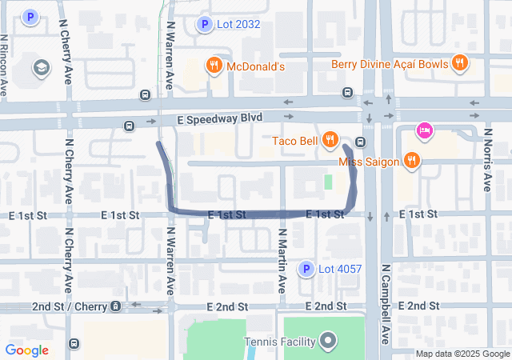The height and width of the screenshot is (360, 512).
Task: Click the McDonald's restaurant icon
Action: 214,66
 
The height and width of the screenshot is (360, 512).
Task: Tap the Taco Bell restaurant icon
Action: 330,141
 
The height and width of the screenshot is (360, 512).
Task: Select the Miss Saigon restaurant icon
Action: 412,161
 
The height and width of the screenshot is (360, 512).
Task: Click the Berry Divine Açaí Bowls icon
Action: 459,63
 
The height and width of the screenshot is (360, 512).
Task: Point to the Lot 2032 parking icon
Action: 205,25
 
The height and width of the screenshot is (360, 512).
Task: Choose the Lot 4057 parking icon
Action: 305,270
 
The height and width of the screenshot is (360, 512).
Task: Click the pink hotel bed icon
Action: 424,130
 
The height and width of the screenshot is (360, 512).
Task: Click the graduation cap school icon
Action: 41,68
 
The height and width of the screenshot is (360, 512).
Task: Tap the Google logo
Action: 27,350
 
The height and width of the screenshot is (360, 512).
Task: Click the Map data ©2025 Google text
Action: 462,354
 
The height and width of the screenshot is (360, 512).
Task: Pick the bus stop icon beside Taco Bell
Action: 361,142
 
